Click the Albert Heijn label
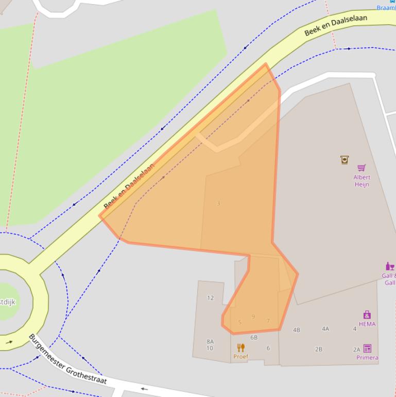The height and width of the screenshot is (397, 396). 361,180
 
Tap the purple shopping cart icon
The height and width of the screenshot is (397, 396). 361,168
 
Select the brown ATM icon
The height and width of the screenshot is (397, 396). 345,160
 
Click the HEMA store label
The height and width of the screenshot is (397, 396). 367,324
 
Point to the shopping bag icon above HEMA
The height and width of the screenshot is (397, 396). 367,315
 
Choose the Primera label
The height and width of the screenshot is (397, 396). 367,357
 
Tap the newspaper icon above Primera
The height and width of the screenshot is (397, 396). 367,349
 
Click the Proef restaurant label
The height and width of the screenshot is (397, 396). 240,356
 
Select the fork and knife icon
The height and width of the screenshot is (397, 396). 240,348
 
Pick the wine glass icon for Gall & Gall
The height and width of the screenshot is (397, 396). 390,267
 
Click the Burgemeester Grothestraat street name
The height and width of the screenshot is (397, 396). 67,359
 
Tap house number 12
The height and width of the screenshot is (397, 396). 210,297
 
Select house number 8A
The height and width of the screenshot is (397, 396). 210,341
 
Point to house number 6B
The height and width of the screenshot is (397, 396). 254,337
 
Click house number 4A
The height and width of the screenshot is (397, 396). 325,328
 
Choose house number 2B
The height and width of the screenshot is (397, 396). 319,349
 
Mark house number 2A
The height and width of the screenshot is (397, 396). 356,350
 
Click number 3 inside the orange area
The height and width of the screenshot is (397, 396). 218,204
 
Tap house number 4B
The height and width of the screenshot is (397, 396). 296,330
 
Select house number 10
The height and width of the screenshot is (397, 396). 210,349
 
